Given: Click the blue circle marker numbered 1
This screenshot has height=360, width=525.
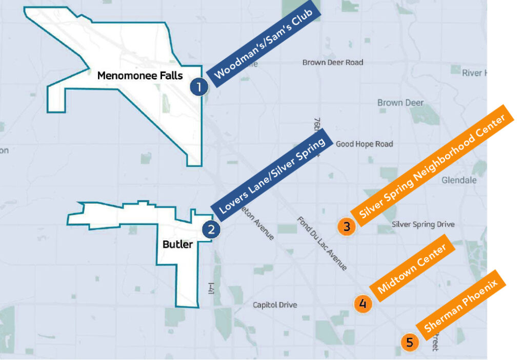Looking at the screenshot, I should click(x=199, y=87).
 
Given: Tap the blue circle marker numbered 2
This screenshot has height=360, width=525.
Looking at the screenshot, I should click(x=211, y=230).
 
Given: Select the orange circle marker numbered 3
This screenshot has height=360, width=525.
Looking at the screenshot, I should click(x=347, y=227).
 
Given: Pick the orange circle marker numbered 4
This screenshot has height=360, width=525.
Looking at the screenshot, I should click(x=362, y=304).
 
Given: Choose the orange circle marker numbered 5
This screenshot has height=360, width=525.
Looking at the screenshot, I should click(x=409, y=342).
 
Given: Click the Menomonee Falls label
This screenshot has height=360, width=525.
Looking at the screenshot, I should click(x=140, y=76).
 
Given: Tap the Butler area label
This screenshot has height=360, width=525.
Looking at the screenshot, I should click(x=177, y=244).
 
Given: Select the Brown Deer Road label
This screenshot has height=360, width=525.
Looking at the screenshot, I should click(x=333, y=63).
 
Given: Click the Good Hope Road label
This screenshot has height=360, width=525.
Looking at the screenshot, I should click(x=364, y=144).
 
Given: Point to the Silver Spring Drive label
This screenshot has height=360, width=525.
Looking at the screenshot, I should click(x=423, y=225).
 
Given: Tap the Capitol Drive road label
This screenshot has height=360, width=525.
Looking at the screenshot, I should click(x=275, y=305).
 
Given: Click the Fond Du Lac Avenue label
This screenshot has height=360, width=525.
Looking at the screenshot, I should click(x=322, y=244).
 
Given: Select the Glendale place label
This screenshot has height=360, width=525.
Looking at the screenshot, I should click(x=459, y=180).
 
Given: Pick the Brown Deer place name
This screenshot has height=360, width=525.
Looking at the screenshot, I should click(x=400, y=103).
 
